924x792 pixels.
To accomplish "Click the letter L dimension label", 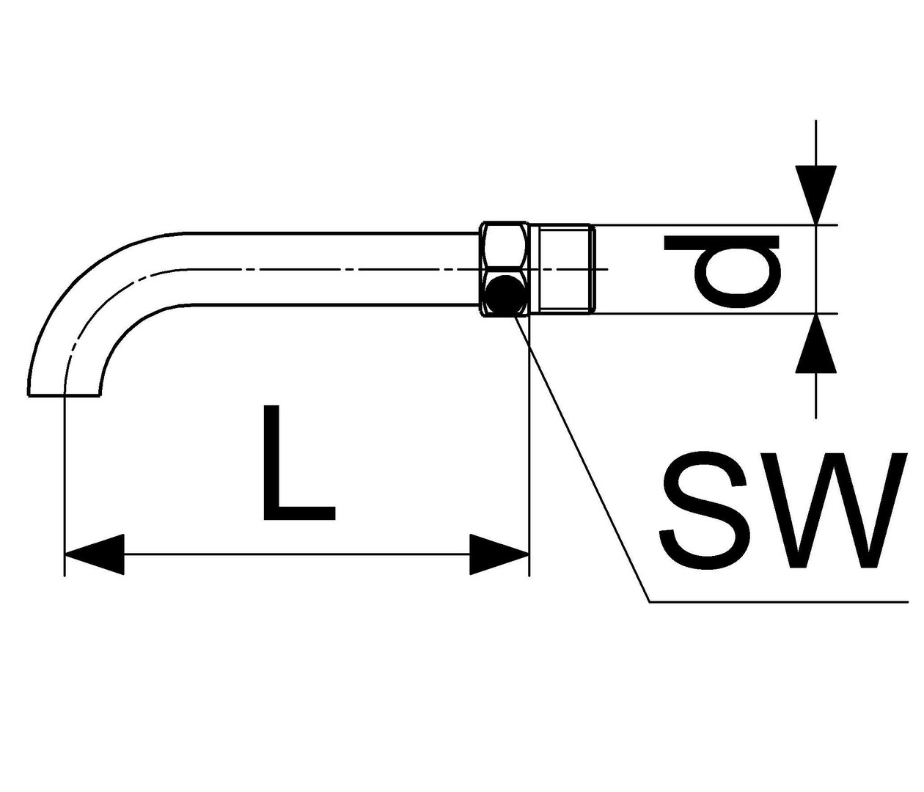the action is (298, 462).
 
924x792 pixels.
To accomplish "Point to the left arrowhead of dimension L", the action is (95, 554).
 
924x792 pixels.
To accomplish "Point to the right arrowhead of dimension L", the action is (499, 554).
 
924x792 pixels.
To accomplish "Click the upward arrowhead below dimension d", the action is (815, 342).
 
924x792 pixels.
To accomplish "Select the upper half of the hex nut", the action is (505, 246).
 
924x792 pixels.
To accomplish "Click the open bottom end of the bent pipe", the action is (64, 395).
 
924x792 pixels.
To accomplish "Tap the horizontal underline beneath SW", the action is (779, 602).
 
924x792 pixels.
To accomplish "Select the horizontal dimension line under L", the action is (297, 554).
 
